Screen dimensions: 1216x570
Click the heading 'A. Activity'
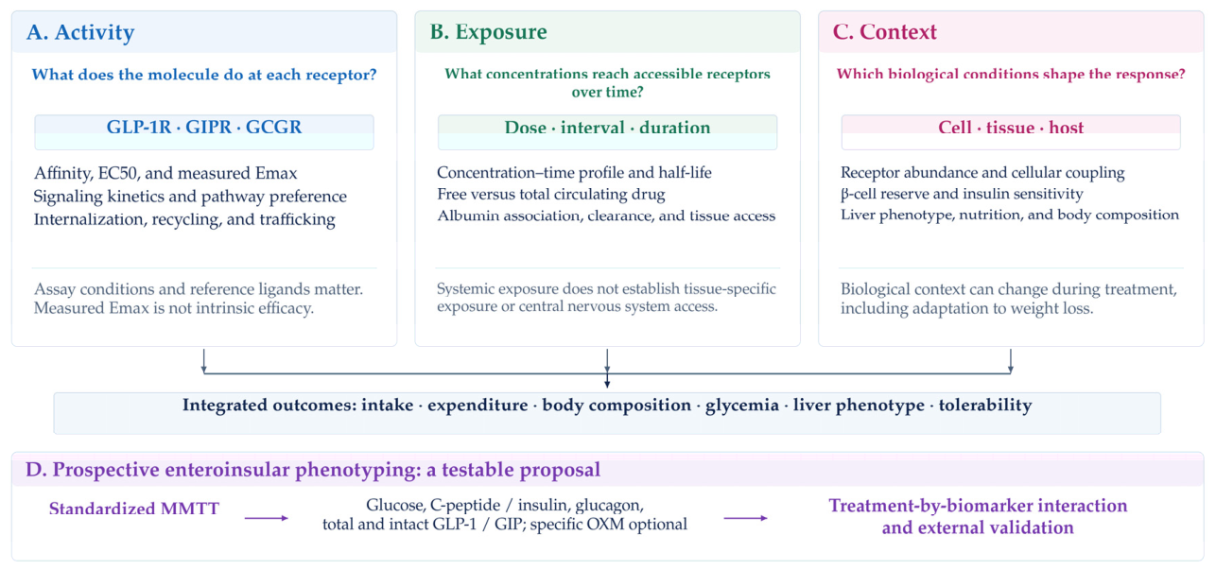[80, 32]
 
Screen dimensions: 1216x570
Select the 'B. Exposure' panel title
[489, 32]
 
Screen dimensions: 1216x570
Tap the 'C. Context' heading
[885, 32]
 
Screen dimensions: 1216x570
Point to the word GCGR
[273, 127]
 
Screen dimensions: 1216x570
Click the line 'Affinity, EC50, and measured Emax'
[165, 173]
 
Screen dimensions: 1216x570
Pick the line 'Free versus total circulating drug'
[551, 194]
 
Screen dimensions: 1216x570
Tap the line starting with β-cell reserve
[962, 194]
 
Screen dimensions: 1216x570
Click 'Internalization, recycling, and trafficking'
[184, 219]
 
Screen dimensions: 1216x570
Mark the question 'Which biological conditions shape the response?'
[1011, 74]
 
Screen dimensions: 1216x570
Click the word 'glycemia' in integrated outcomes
[742, 406]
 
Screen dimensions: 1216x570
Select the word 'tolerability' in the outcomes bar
[985, 406]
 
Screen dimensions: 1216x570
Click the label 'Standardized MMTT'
[134, 509]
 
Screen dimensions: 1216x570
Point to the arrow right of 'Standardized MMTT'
[266, 518]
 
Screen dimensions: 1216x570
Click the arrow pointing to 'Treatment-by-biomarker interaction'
[746, 518]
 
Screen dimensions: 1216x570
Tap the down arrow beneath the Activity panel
[203, 361]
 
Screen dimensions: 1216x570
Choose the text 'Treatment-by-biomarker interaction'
[978, 506]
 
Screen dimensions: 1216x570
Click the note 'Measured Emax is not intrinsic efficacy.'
[174, 308]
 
